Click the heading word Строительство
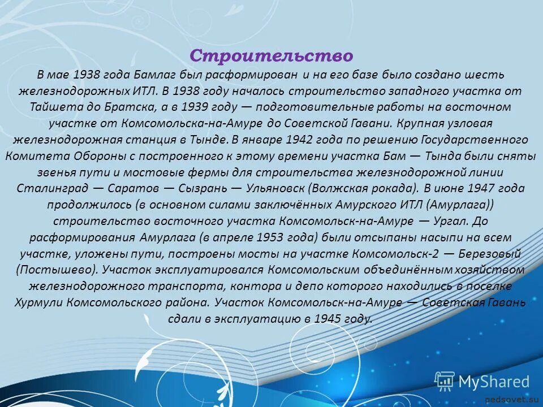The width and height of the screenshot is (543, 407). click(x=271, y=55)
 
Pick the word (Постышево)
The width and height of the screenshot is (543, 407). click(x=51, y=270)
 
